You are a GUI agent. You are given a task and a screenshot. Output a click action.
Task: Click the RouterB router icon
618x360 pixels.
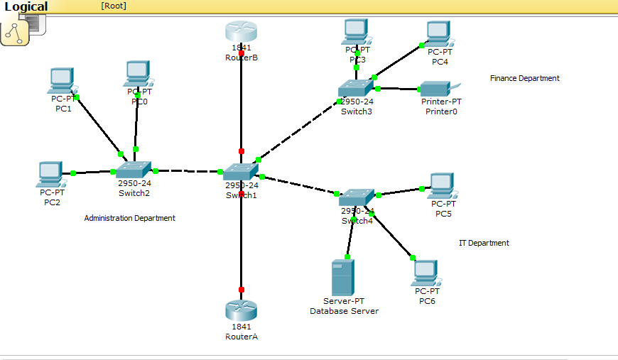pos(241,32)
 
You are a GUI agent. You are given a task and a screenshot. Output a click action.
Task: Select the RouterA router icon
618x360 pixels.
pos(241,310)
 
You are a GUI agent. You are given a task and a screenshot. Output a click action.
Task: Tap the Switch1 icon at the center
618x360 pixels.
pos(241,171)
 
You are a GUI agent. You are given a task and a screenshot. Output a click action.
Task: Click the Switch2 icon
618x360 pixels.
pos(134,169)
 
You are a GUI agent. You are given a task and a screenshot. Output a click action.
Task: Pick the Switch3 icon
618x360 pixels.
pos(355,87)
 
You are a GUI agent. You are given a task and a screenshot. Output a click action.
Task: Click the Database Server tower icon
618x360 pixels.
pos(343,278)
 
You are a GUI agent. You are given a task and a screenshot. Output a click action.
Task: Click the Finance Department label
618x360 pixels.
pos(524,78)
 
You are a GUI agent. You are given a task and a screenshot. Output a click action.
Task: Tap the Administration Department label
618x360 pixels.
pos(129,218)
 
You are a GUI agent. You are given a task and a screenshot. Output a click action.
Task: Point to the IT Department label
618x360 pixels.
pos(484,243)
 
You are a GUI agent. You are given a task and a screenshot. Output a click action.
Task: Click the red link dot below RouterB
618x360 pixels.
pos(242,53)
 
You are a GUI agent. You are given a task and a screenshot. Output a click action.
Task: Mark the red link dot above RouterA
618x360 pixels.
pos(242,290)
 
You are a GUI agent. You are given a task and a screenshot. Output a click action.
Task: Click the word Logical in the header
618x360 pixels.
pos(26,7)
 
